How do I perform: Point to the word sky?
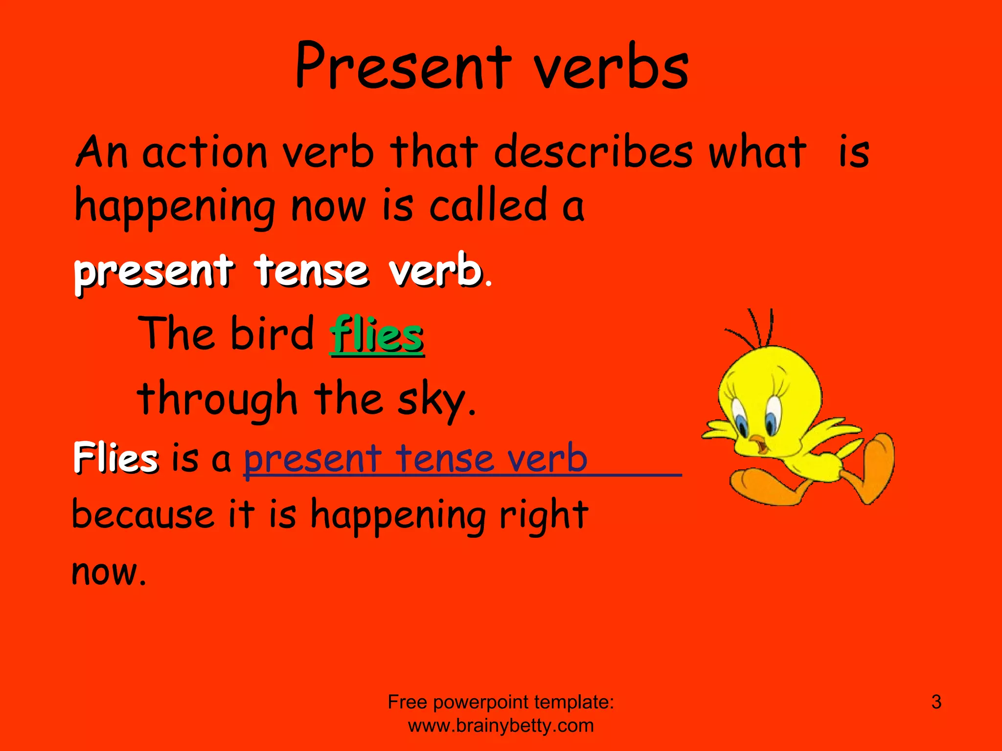436,400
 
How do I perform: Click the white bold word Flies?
116,458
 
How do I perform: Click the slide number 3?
936,702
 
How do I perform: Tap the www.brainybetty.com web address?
501,726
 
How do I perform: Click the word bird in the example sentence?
272,333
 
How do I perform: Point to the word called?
488,205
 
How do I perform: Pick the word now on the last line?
109,572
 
